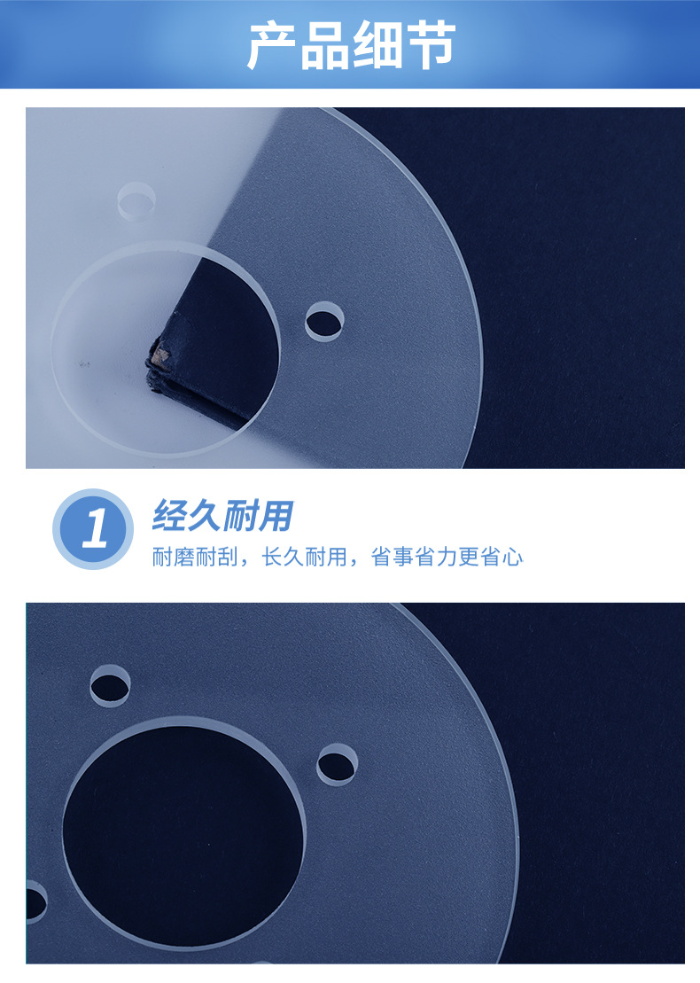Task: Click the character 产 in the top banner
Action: (272, 46)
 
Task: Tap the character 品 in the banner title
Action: (324, 46)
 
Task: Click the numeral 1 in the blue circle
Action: (93, 529)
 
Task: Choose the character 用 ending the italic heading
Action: (274, 515)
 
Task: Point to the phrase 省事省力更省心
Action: (447, 558)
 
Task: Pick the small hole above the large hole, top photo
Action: (137, 199)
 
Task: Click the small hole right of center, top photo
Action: (324, 322)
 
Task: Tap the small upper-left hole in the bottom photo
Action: (110, 684)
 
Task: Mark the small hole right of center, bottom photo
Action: (337, 764)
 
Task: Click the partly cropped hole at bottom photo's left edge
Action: (33, 902)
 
